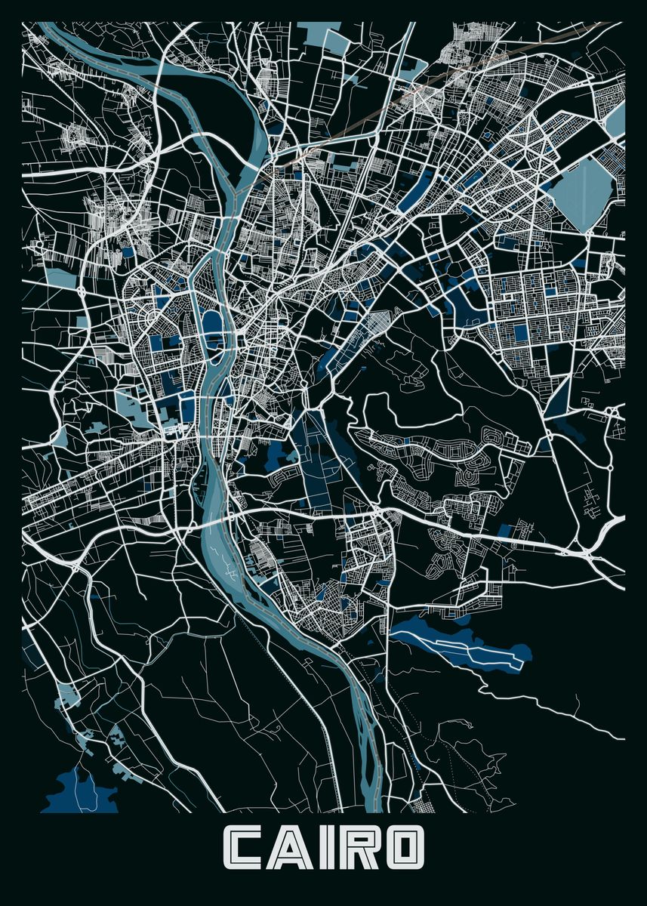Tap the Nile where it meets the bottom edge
pos(370,804)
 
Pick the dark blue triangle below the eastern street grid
pos(559,396)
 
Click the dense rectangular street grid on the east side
pos(544,302)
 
